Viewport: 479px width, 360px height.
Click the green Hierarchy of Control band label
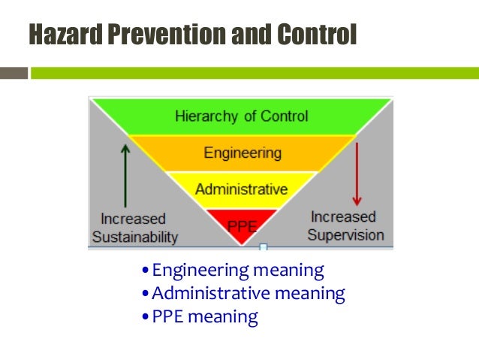click(x=241, y=116)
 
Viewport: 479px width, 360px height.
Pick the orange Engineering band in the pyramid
click(x=243, y=153)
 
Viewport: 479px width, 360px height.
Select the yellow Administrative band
click(x=241, y=189)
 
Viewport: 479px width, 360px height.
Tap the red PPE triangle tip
click(x=241, y=223)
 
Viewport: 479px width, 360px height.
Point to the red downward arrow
click(x=357, y=174)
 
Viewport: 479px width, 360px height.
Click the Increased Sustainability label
click(x=135, y=228)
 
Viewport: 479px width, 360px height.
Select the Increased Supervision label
click(x=346, y=225)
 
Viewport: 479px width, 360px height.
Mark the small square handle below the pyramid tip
click(x=263, y=247)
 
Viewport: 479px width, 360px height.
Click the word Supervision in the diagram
click(x=346, y=234)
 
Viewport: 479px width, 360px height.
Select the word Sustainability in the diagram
click(x=135, y=237)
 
